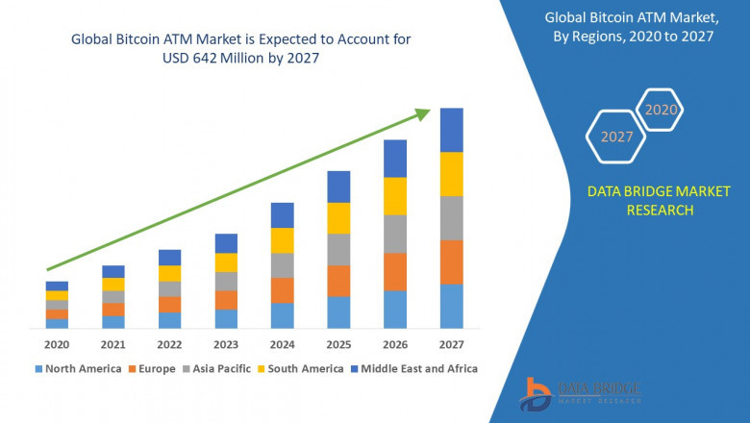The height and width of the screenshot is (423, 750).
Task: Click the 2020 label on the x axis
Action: pos(57,344)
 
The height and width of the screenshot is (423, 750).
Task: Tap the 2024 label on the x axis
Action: pos(282,344)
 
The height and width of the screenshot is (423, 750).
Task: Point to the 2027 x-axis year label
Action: pos(451,344)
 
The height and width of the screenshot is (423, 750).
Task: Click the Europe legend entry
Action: pos(155,368)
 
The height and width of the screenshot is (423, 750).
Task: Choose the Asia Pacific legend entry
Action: pos(220,368)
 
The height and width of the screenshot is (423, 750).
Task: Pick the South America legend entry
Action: pos(302,368)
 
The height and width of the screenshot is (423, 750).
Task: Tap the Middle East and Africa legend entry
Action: pos(417,368)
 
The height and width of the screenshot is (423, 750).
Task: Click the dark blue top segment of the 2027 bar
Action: pos(451,130)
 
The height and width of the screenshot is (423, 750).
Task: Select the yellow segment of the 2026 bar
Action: pos(395,196)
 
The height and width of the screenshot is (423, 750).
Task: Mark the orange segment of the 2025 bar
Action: pos(338,281)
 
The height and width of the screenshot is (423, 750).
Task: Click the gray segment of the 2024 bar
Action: pos(282,265)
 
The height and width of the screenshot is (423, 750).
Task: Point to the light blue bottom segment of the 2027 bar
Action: pos(451,306)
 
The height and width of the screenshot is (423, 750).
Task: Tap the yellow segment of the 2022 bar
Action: pos(169,273)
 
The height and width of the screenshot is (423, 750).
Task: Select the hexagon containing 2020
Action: pos(661,110)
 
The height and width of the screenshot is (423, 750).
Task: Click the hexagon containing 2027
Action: pos(616,137)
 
